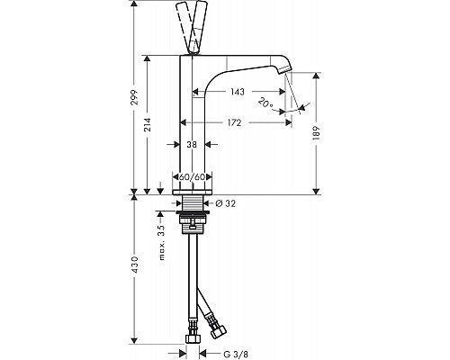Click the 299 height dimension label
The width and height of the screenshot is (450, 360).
click(135, 97)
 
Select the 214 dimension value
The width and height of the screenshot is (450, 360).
click(147, 125)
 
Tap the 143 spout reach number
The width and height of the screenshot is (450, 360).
click(238, 92)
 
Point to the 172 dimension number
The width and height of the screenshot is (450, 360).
click(234, 122)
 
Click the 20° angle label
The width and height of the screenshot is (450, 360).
click(265, 103)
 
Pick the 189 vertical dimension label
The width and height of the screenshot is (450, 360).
click(318, 133)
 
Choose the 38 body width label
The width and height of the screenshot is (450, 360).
click(192, 145)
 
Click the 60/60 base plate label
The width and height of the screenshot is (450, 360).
click(192, 177)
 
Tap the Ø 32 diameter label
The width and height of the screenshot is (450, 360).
click(226, 203)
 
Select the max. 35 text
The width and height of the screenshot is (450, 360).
click(162, 242)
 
